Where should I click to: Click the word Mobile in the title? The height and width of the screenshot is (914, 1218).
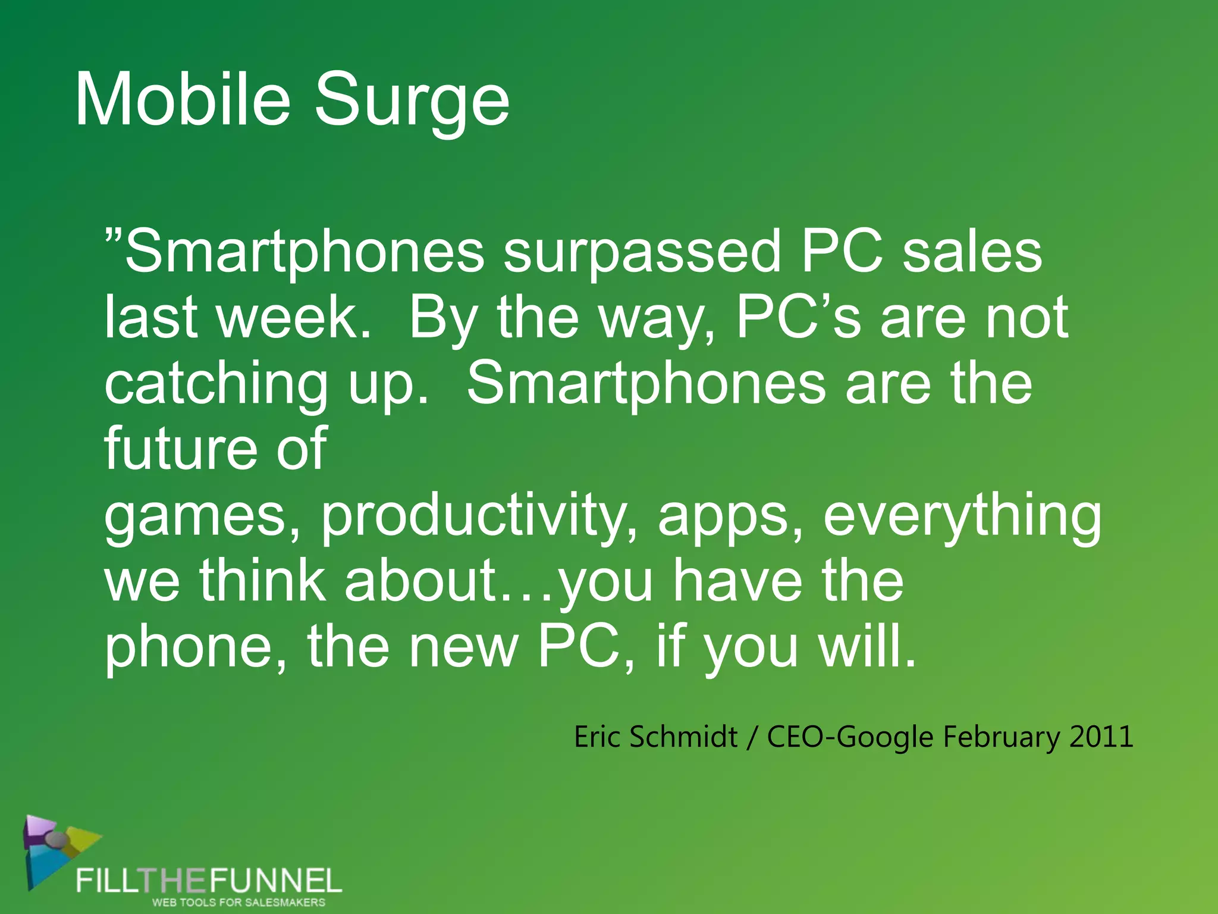point(182,99)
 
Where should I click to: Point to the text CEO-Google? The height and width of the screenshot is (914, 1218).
point(850,738)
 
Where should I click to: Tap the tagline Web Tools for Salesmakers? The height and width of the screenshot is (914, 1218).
point(238,902)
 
